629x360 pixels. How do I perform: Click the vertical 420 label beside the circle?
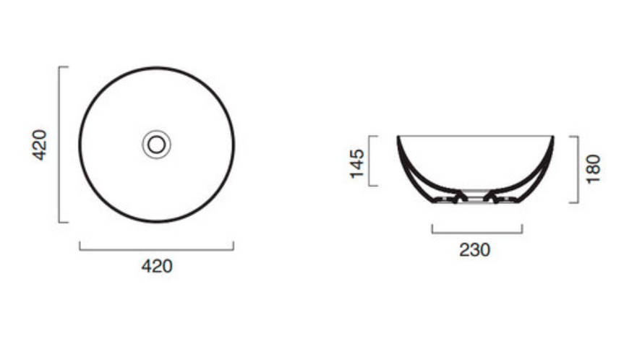[40, 145]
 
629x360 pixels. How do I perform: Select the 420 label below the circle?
[157, 266]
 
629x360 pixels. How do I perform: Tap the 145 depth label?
[356, 163]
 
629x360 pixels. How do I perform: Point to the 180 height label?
[594, 168]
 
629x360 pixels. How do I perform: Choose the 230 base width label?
[474, 249]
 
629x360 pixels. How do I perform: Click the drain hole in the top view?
[156, 145]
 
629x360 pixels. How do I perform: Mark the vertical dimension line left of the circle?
[59, 145]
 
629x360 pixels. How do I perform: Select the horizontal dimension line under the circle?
[156, 249]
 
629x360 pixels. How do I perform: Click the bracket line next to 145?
[369, 160]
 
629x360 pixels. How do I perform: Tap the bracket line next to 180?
[578, 169]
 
